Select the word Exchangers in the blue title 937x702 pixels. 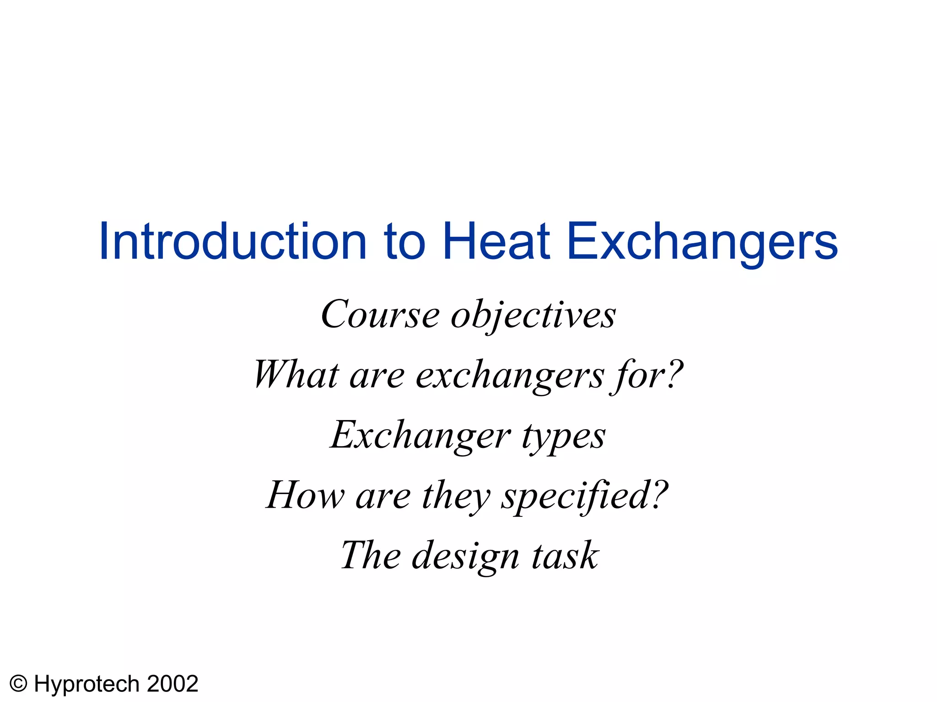(x=702, y=242)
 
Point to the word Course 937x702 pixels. (x=380, y=315)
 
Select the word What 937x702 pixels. (x=296, y=375)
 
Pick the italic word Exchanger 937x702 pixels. (x=420, y=435)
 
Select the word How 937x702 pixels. (x=305, y=495)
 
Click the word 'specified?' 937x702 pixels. (x=585, y=496)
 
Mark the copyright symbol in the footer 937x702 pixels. (x=19, y=684)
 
